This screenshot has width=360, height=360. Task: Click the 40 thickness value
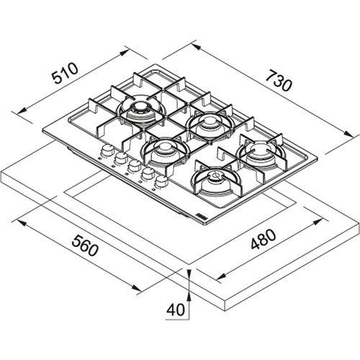click(x=174, y=310)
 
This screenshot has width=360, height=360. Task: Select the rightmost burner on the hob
click(x=257, y=153)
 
